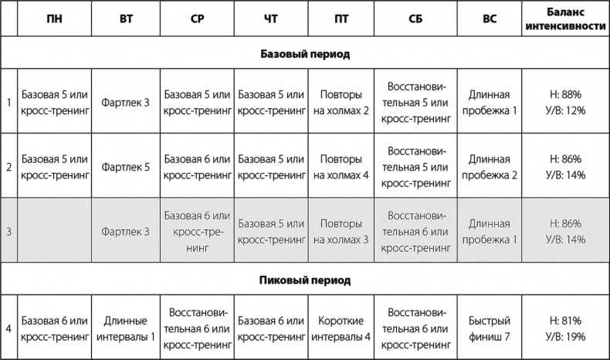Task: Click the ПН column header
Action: click(x=54, y=19)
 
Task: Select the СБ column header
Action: click(x=415, y=19)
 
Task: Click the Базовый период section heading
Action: click(x=304, y=55)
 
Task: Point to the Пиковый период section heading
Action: click(x=304, y=280)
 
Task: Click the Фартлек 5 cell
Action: click(x=125, y=166)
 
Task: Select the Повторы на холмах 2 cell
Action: click(x=341, y=102)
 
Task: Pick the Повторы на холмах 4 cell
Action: click(x=341, y=166)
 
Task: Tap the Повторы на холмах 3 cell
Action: click(x=341, y=231)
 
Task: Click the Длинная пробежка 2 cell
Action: click(x=489, y=166)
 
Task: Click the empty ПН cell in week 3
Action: click(x=54, y=231)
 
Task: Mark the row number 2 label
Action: click(x=8, y=166)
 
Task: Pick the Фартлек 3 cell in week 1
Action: click(x=125, y=102)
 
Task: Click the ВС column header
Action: click(x=489, y=19)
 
